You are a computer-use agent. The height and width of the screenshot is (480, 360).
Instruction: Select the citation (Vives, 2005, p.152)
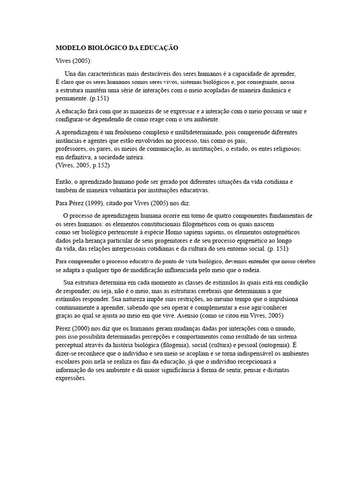click(x=83, y=165)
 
